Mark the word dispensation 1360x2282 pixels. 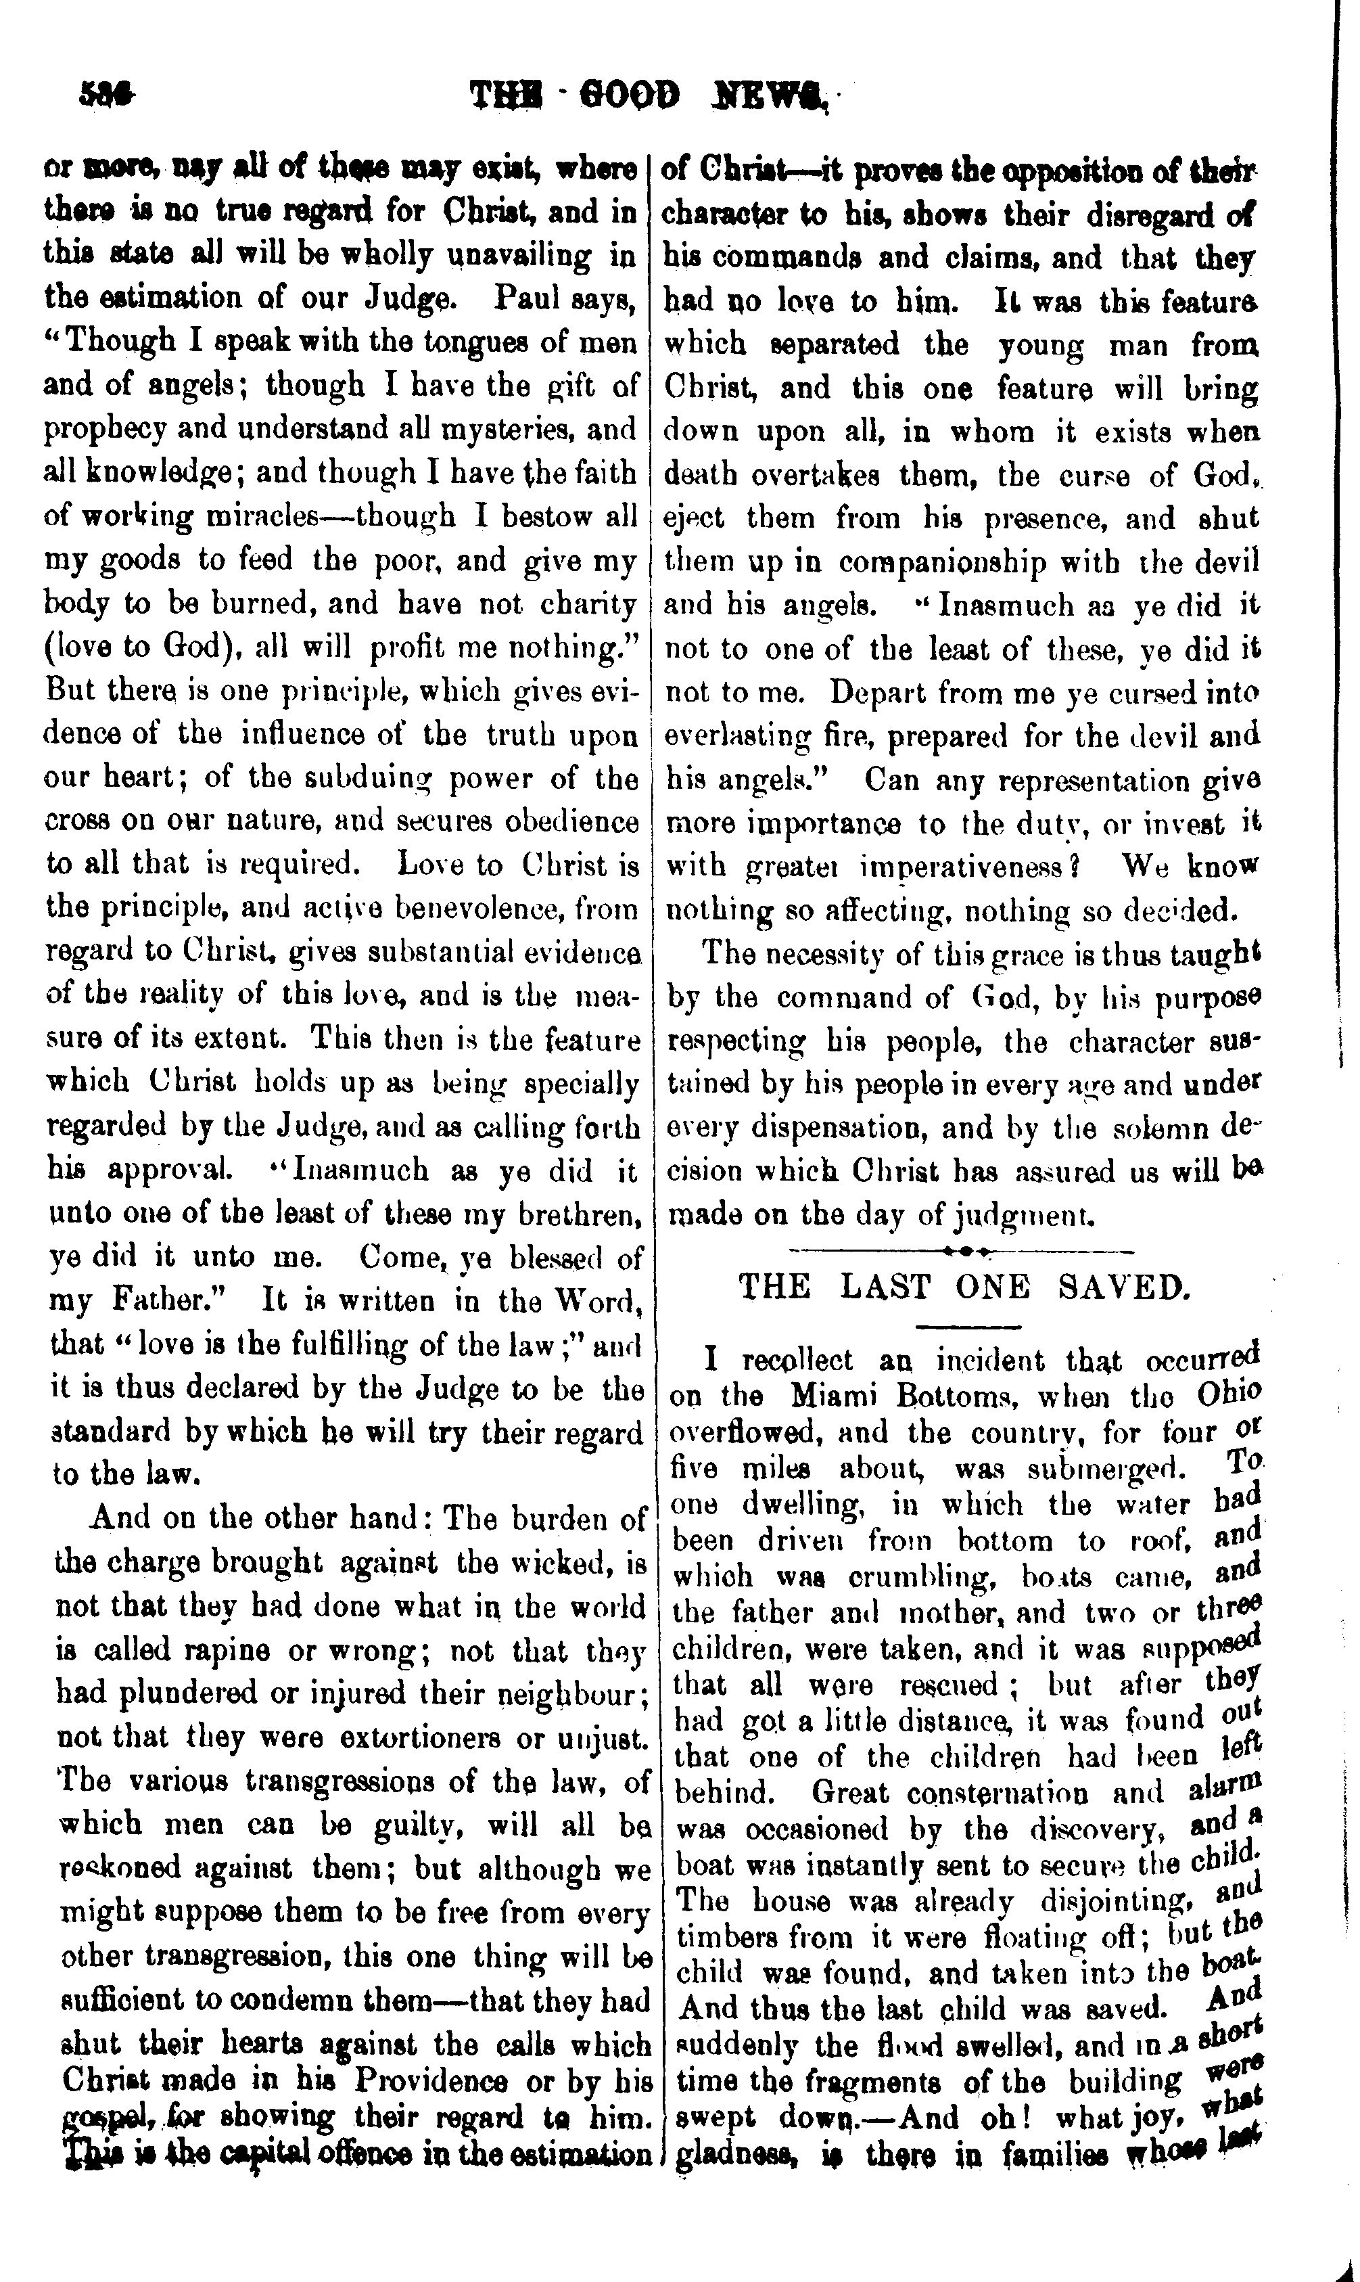(x=843, y=1128)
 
